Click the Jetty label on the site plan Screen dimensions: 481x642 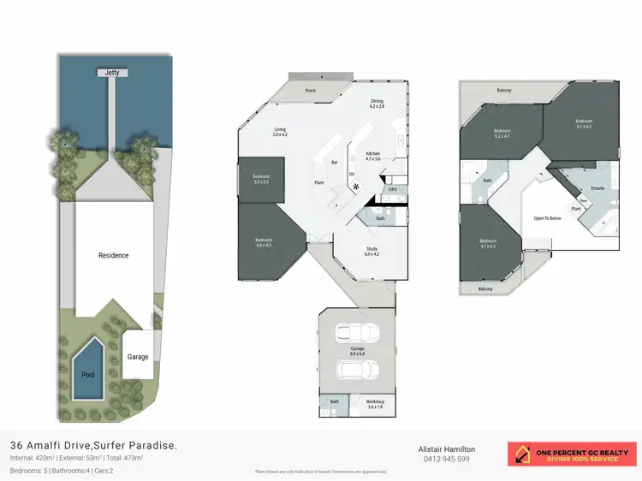[x=112, y=74]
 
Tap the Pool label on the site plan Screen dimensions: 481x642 [x=86, y=375]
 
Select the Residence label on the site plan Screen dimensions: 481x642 [x=113, y=255]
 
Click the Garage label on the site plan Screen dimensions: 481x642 [x=138, y=357]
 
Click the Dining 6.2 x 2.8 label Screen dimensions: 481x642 [x=377, y=104]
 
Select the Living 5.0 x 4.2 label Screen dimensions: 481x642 [x=280, y=132]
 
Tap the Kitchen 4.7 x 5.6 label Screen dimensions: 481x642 [x=372, y=156]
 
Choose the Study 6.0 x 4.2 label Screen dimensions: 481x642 [x=371, y=252]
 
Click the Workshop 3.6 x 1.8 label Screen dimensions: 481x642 [x=375, y=404]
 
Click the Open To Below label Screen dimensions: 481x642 [x=547, y=218]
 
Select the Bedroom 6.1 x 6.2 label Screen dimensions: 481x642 [x=584, y=124]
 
